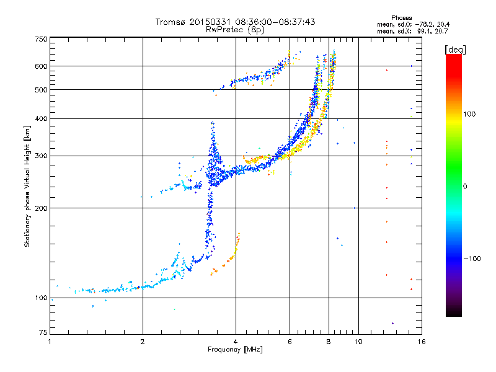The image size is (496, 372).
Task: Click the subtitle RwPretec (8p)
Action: (235, 30)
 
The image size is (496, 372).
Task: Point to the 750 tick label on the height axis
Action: (41, 39)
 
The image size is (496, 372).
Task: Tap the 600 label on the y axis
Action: (41, 66)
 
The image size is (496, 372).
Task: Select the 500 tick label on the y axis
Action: (41, 90)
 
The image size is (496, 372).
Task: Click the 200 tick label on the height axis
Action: (41, 208)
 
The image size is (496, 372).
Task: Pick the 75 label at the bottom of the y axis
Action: (43, 332)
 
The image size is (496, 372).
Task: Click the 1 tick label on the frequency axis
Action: (50, 342)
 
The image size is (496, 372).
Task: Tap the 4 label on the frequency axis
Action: (236, 342)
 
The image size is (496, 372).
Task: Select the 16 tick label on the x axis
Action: (422, 342)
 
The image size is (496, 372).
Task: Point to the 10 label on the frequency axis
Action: (358, 342)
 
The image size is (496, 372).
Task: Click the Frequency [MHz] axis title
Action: (235, 350)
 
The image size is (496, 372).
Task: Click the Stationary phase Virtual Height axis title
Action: (27, 187)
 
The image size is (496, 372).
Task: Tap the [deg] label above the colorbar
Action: (455, 50)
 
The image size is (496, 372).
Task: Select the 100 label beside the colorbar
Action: (469, 114)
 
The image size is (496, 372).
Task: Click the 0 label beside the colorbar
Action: (465, 187)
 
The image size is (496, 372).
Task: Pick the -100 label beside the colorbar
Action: (472, 259)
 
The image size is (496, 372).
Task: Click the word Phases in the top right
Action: (401, 18)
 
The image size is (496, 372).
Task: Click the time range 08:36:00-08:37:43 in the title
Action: (275, 22)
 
